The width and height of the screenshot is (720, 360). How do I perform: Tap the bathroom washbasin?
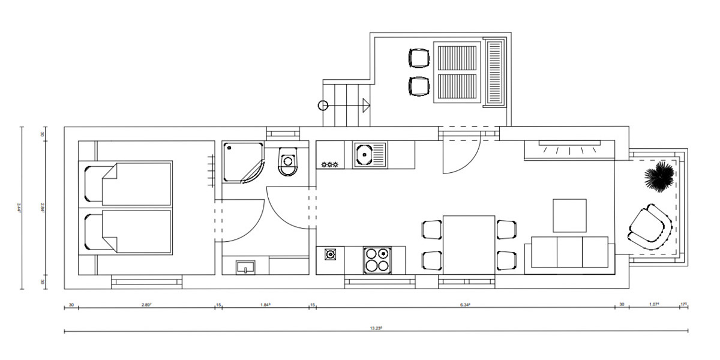245,266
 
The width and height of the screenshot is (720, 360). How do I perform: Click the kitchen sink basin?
364,155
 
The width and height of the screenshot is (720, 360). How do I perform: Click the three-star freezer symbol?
331,164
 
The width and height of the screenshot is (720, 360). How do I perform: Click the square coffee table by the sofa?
569,215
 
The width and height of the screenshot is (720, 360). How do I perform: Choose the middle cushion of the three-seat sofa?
569,252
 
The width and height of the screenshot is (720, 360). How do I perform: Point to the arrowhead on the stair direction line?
365,105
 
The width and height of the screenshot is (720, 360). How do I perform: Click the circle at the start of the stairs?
322,106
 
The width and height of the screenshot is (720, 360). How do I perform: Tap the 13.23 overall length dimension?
376,328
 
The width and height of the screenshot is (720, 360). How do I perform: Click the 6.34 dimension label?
465,305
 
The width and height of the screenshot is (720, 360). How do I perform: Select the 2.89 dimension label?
146,305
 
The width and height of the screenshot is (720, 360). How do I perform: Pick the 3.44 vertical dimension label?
20,208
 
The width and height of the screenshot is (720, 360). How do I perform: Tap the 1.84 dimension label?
265,305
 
